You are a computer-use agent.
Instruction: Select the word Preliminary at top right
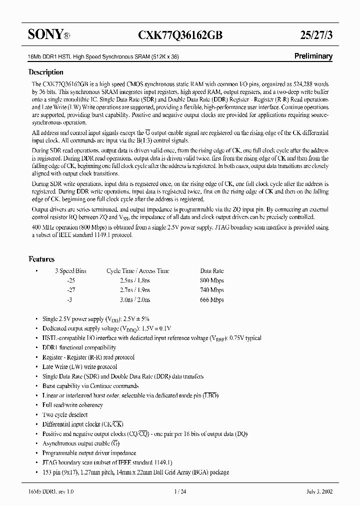(312, 56)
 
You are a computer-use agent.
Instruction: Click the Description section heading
(46, 72)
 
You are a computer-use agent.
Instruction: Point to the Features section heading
(41, 259)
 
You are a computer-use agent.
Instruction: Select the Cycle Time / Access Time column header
(138, 271)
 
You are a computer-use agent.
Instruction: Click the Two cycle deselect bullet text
(65, 414)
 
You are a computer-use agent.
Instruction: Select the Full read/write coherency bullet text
(73, 405)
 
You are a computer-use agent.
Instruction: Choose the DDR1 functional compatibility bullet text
(79, 347)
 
